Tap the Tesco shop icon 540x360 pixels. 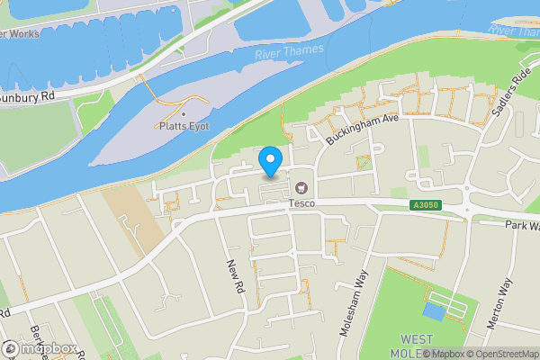click(301, 188)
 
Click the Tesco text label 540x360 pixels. click(301, 203)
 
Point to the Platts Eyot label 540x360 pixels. click(184, 126)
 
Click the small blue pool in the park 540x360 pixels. click(433, 311)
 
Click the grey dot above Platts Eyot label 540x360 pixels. click(184, 113)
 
